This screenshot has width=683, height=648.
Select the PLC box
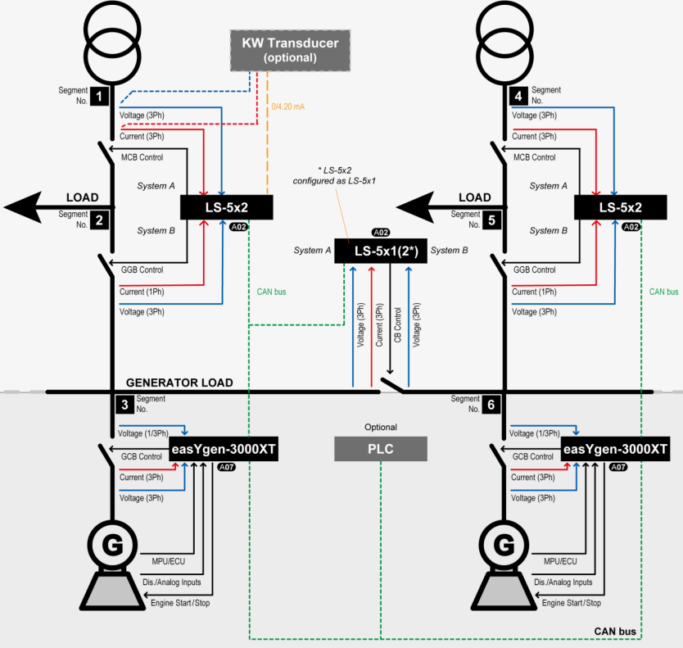pos(381,448)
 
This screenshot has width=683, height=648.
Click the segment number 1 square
pos(100,97)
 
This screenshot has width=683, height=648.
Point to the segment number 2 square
pos(100,220)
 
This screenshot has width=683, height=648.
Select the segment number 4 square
pos(518,96)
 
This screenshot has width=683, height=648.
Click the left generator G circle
pos(111,544)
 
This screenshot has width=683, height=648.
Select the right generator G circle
pos(505,544)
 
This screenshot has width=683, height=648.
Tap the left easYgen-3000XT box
pos(223,449)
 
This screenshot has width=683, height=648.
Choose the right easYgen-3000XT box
pos(616,449)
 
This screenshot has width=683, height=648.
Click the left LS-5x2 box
pos(226,208)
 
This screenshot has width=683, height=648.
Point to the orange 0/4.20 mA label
pos(287,106)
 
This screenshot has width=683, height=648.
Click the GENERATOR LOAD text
pos(179,383)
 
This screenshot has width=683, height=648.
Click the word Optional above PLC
pos(381,427)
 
